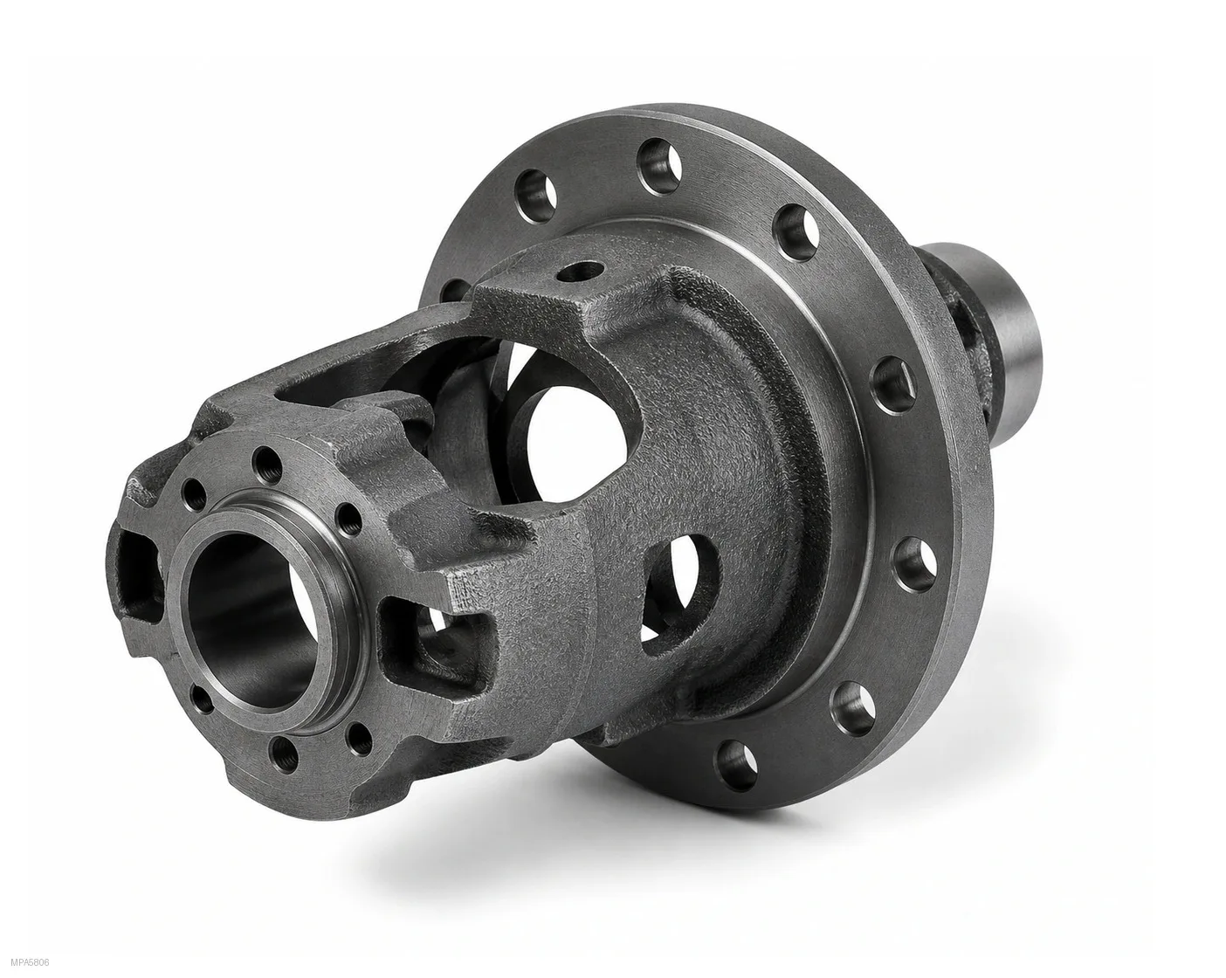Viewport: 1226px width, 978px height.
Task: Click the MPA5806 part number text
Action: tap(31, 962)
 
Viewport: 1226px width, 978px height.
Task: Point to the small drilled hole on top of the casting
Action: tap(580, 272)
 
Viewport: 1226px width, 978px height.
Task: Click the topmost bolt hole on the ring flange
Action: tap(659, 167)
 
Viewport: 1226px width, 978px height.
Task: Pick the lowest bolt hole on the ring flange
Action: tap(736, 765)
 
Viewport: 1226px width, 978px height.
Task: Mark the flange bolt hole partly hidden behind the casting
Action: tap(454, 290)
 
